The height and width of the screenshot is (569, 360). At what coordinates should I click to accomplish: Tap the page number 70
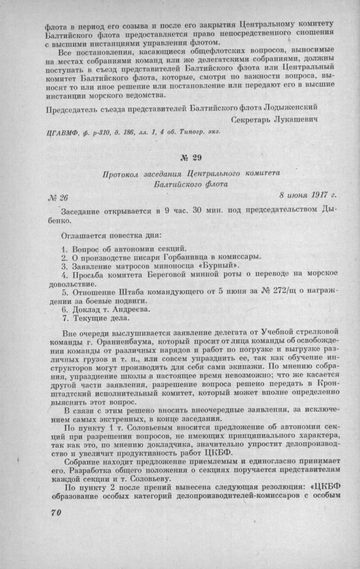point(50,512)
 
